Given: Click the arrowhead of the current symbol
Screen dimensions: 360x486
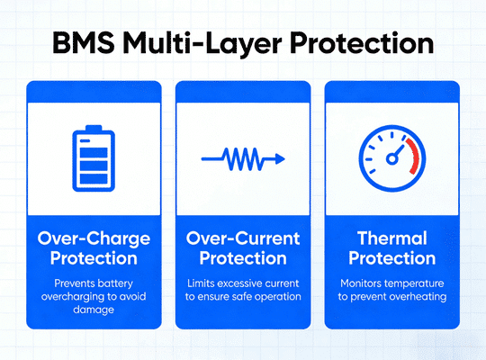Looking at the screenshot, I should click(280, 158).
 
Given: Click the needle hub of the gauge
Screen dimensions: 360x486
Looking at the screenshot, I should click(391, 159).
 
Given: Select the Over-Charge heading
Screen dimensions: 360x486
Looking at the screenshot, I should click(94, 238).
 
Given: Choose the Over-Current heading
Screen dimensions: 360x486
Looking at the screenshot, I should click(243, 238).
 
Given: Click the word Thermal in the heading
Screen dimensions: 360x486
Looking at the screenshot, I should click(391, 238).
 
